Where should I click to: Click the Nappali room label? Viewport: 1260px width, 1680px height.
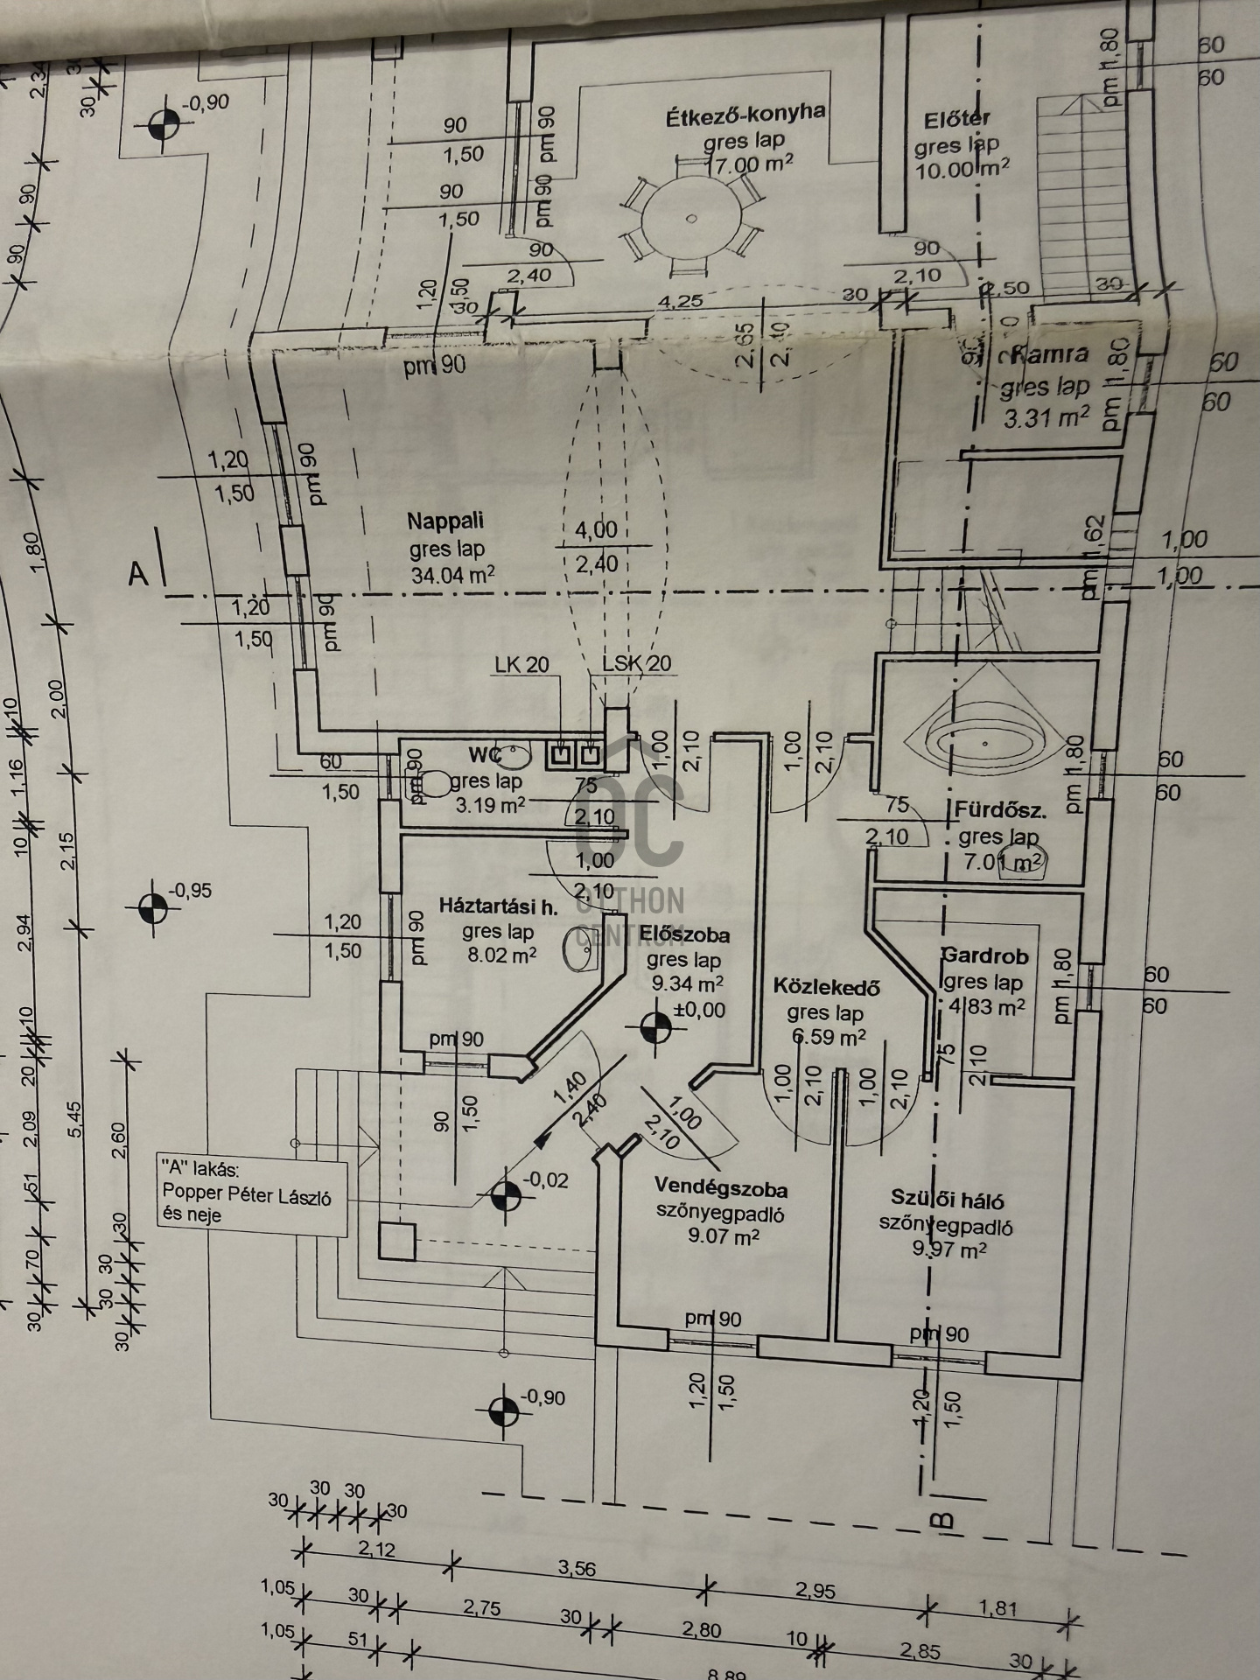(x=444, y=521)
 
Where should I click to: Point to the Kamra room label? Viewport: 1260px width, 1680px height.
(x=1050, y=354)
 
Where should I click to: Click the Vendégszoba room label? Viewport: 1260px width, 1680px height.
(x=721, y=1188)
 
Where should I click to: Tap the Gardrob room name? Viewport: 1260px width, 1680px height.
(x=984, y=955)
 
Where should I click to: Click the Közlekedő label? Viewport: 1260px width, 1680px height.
(x=826, y=987)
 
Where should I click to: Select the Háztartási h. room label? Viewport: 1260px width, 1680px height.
(x=499, y=906)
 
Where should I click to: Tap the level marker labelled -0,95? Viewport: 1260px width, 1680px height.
(x=153, y=908)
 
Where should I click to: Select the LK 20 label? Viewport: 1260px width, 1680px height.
(x=521, y=665)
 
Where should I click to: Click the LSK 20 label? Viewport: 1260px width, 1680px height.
(x=636, y=664)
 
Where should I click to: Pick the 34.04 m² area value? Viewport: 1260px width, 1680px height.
(x=452, y=575)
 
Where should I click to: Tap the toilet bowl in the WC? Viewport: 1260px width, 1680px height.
(x=435, y=781)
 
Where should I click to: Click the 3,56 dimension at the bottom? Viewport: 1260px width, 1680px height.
(x=577, y=1569)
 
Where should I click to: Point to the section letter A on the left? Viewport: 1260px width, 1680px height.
(x=138, y=573)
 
